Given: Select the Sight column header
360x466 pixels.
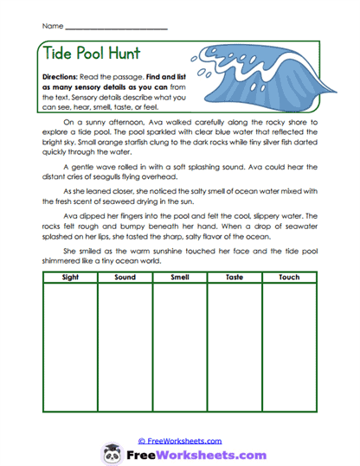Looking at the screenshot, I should coord(69,277).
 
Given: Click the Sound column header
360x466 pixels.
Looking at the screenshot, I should coord(125,277).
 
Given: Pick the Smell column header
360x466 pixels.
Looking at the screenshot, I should coord(180,277).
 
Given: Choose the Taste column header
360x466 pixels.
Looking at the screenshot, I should coord(235,277).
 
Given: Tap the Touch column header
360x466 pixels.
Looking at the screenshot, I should coord(290,277).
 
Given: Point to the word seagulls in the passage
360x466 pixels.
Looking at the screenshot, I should coord(112,177).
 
